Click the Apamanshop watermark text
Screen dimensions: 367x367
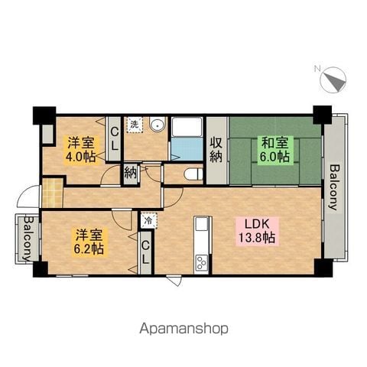click(x=183, y=329)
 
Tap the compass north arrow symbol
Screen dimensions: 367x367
click(x=333, y=80)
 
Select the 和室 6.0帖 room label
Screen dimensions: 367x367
click(x=275, y=149)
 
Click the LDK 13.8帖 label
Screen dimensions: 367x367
click(x=257, y=231)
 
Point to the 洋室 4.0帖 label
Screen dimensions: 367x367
click(x=81, y=149)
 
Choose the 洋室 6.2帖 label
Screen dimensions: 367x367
click(x=89, y=242)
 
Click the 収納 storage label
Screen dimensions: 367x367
click(x=216, y=150)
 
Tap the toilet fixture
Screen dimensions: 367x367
click(x=193, y=174)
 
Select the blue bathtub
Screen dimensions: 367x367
click(x=187, y=149)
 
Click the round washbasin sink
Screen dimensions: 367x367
click(x=158, y=125)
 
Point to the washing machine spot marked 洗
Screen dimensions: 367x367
click(x=135, y=125)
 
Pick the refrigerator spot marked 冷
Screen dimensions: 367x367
click(x=149, y=220)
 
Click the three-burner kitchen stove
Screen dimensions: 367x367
click(x=201, y=262)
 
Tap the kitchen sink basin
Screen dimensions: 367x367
click(x=202, y=223)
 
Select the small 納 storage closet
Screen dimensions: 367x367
click(x=131, y=174)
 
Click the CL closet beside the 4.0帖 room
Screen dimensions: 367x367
click(x=115, y=139)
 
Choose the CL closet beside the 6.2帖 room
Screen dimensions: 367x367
click(x=145, y=252)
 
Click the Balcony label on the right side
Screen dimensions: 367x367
click(x=335, y=187)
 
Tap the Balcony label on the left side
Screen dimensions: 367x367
click(x=28, y=239)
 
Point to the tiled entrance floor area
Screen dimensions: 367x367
click(x=52, y=193)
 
